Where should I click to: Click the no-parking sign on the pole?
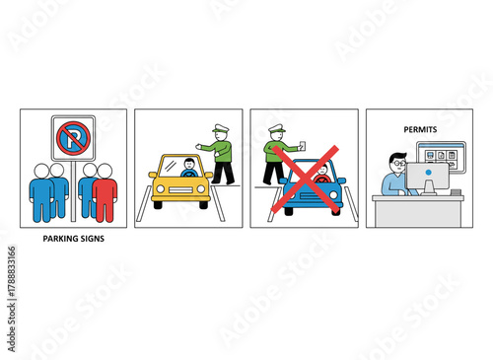pos(73,138)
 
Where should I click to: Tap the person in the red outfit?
pos(105,191)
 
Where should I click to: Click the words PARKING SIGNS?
pos(73,239)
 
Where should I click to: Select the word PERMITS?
pos(420,129)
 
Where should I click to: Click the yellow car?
pos(180,182)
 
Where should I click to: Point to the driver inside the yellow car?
pos(188,170)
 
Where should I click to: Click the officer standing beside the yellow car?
pos(220,154)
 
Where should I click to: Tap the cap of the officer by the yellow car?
pos(220,128)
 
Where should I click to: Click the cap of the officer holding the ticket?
pos(276,128)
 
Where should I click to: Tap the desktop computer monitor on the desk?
pos(427,178)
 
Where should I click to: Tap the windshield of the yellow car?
pos(181,167)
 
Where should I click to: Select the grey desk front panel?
pos(417,211)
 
